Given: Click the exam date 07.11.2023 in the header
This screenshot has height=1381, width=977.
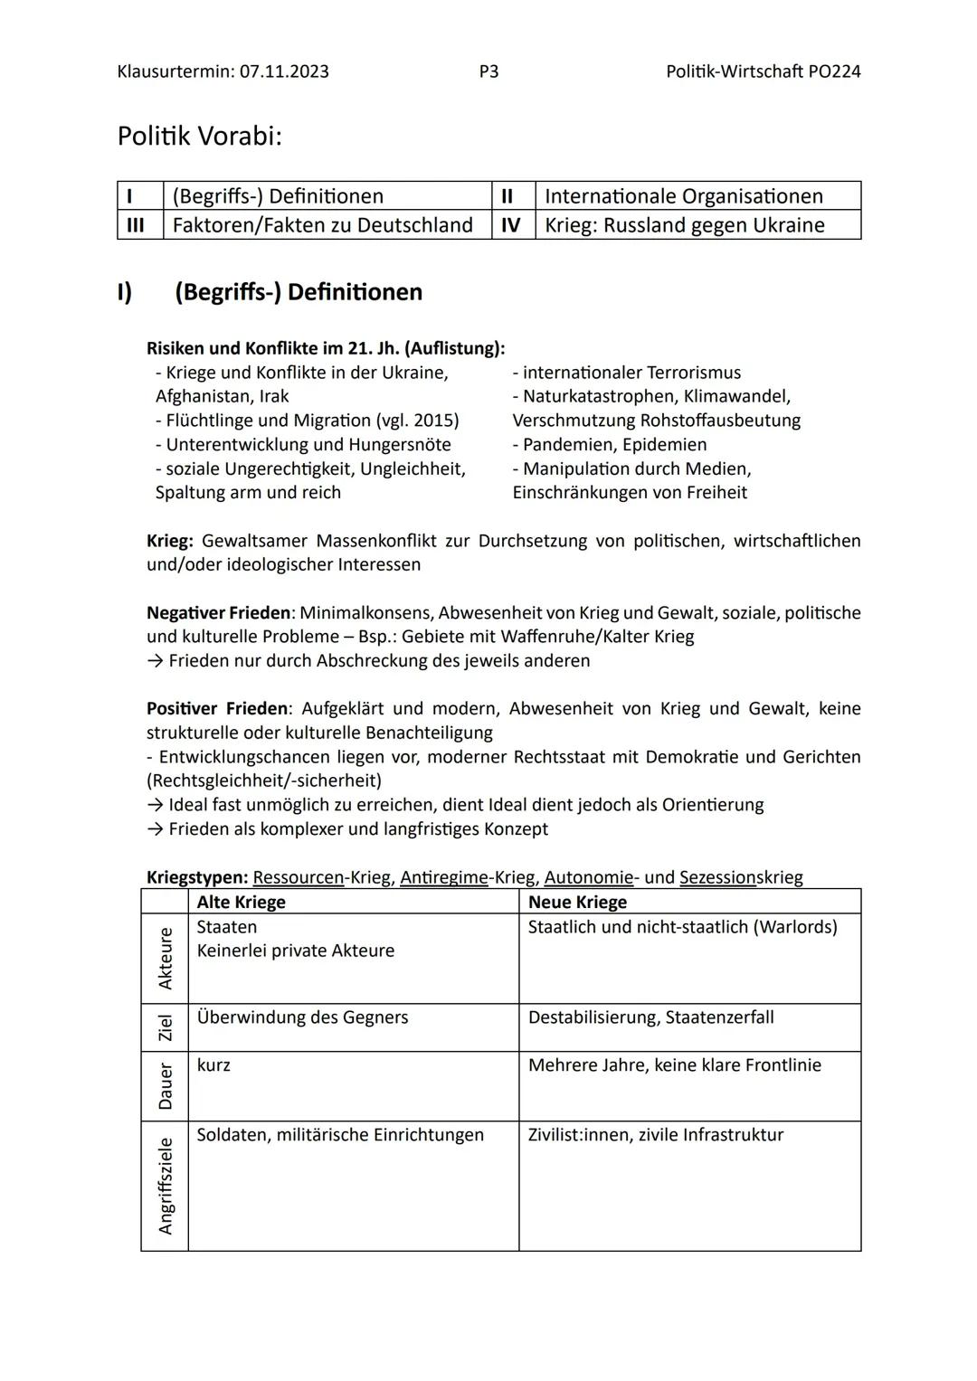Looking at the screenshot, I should click(x=284, y=71).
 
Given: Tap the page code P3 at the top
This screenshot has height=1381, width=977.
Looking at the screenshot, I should click(x=488, y=71).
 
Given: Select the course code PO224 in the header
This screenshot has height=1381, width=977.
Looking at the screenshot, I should click(x=833, y=71).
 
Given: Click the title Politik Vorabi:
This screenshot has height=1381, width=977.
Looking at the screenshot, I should click(x=200, y=137).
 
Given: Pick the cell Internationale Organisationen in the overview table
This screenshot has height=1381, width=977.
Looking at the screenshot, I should click(x=683, y=196).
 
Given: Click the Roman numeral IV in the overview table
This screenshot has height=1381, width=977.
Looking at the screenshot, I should click(x=511, y=225).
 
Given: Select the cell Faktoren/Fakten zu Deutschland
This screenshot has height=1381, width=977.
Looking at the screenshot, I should click(x=322, y=225).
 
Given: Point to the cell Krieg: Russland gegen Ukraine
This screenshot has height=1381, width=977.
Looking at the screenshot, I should click(x=684, y=225).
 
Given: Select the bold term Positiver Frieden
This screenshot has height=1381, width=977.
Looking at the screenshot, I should click(x=218, y=709).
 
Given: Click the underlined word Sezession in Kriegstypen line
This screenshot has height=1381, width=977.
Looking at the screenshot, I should click(x=717, y=877).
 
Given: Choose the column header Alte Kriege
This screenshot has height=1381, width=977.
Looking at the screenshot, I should click(x=241, y=903).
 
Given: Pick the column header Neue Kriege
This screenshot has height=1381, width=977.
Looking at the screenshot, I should click(x=577, y=903).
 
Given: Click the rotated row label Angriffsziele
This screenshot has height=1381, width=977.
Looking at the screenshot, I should click(x=165, y=1186).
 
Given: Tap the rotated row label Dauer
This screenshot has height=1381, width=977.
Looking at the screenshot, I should click(x=165, y=1086).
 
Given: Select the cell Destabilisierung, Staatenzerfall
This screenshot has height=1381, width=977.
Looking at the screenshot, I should click(x=650, y=1017).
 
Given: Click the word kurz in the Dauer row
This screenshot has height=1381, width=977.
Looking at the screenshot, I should click(x=213, y=1065).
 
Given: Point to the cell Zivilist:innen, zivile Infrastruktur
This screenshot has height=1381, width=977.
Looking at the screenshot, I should click(x=655, y=1135).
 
